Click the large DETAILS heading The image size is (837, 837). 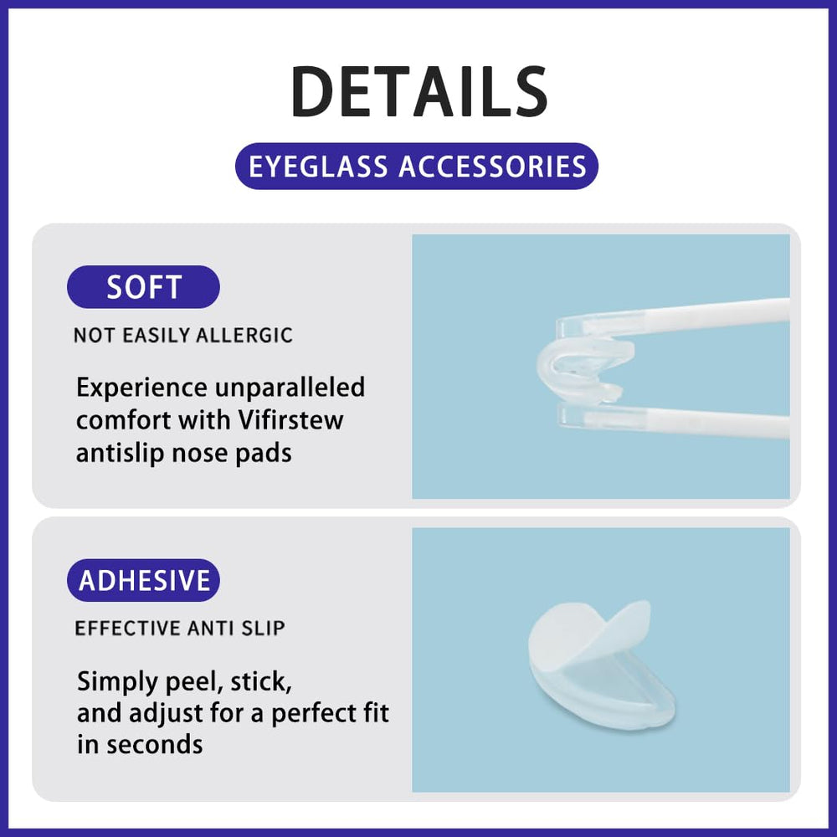pyautogui.click(x=418, y=92)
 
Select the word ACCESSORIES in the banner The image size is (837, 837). pyautogui.click(x=492, y=166)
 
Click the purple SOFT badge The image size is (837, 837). pyautogui.click(x=143, y=287)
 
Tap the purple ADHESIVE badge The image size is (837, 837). pyautogui.click(x=144, y=580)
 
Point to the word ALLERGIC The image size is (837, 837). pyautogui.click(x=244, y=336)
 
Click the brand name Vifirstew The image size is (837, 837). pyautogui.click(x=290, y=419)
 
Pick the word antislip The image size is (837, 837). pyautogui.click(x=125, y=452)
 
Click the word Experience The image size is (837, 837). pyautogui.click(x=141, y=388)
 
